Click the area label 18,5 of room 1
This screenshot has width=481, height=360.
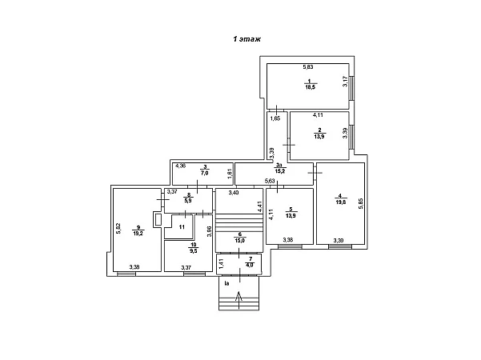pos(310,89)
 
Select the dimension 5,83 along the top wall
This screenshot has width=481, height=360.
pos(307,66)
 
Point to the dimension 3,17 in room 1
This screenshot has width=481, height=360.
pos(345,81)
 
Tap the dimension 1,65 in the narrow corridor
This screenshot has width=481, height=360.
pos(275,118)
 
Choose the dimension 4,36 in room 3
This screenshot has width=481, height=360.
pos(181,166)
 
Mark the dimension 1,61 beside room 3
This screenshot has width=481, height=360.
pos(229,174)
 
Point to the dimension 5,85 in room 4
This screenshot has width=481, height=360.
pos(361,203)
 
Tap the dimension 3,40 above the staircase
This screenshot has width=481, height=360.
pos(234,193)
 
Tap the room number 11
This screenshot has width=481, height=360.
pos(182,227)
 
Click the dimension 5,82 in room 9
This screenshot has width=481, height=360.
pos(118,228)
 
